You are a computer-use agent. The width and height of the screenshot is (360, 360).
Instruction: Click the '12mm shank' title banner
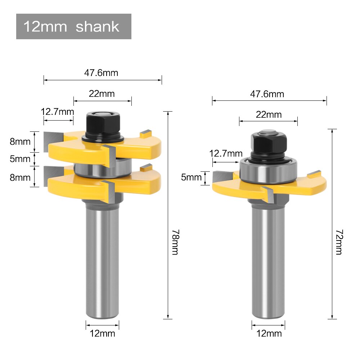coord(73,27)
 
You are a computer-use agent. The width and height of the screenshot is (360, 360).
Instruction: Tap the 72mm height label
coord(338,242)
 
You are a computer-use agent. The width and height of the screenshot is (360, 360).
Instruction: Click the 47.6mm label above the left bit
coord(101,73)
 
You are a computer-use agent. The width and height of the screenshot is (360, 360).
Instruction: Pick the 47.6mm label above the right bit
coord(267,94)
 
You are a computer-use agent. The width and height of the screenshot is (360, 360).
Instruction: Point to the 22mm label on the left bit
coord(102,94)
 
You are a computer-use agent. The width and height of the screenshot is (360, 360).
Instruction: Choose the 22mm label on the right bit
coord(269,115)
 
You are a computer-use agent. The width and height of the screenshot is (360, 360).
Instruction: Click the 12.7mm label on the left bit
coord(57,111)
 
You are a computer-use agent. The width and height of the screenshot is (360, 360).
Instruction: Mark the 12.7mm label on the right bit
coord(226,153)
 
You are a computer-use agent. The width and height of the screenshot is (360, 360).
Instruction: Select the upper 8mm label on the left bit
coord(20,141)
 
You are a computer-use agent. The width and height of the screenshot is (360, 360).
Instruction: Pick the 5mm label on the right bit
coord(192,177)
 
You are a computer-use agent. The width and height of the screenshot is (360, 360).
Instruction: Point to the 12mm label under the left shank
coord(102,333)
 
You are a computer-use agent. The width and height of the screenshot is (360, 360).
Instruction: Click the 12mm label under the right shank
coord(269,333)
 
